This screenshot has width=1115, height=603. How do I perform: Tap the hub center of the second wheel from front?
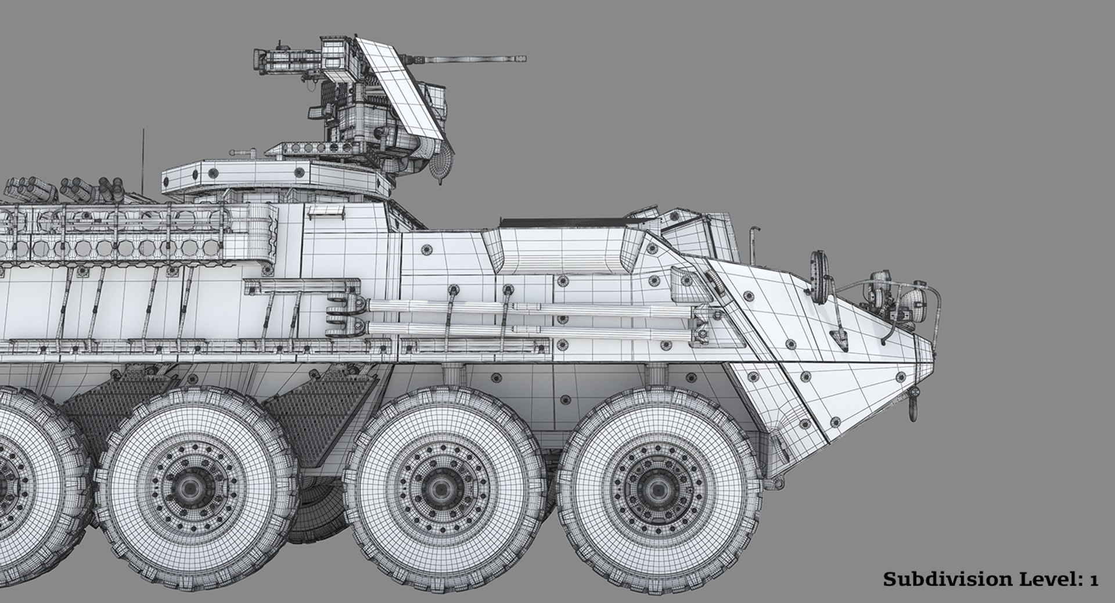coord(434,486)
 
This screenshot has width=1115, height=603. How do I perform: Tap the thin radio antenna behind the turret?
coord(141,160)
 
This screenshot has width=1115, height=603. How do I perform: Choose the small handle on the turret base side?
coord(318,214)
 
